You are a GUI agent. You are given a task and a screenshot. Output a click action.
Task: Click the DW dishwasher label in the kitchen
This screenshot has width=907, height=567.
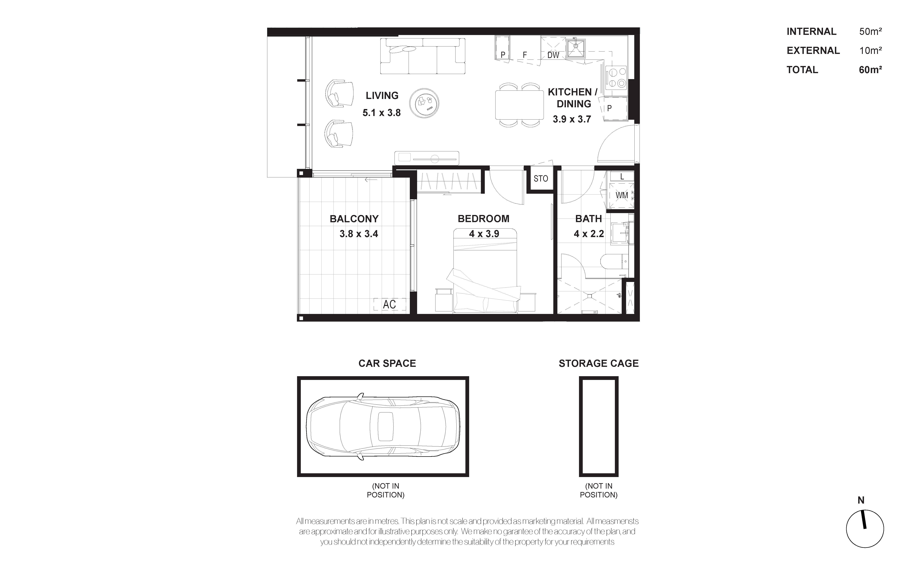point(553,55)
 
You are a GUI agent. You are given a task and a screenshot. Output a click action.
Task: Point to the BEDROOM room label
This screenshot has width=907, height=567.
point(483,219)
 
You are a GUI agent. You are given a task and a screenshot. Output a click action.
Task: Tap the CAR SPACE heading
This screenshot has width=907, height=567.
point(387,363)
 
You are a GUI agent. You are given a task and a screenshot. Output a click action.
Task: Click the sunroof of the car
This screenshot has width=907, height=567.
point(385,426)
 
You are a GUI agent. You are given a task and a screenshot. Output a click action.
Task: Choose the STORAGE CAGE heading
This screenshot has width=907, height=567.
point(598,363)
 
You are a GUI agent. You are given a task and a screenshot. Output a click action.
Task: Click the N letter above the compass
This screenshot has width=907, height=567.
point(861,500)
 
